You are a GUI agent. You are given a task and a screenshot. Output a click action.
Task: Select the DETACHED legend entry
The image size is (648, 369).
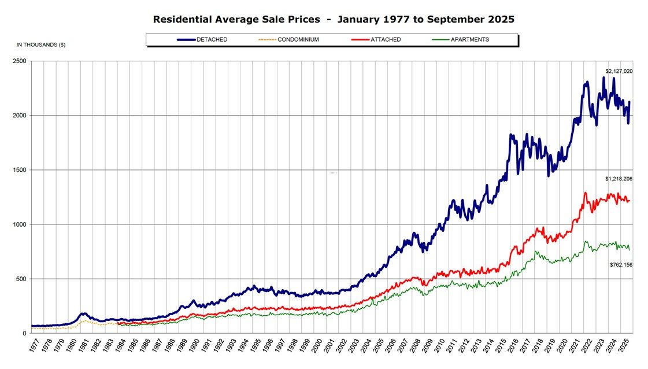coord(212,39)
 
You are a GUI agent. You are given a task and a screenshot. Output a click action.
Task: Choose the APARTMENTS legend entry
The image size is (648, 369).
coord(469,39)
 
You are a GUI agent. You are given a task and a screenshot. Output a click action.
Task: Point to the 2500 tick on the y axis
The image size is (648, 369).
coord(20,61)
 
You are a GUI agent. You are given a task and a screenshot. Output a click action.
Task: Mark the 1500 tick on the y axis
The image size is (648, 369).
coord(20,170)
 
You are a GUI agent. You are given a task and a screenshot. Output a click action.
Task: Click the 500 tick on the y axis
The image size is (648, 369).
coord(21,279)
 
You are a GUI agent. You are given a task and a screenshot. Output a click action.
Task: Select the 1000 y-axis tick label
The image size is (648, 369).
coord(20,224)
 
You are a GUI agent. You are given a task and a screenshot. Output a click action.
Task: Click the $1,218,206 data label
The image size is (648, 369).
coord(619,179)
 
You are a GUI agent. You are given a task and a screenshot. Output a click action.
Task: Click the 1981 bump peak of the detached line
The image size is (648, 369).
coord(83,313)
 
